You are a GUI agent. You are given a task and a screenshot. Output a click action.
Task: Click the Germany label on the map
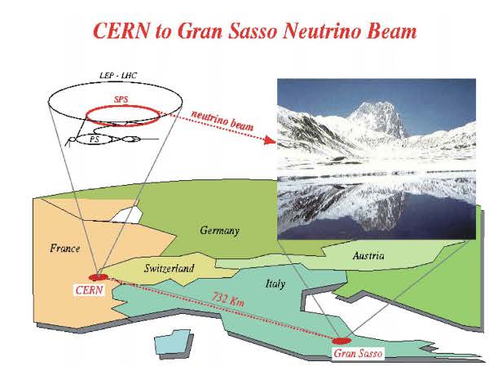pos(219,231)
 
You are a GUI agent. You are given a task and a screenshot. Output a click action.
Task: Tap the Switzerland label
pos(168,267)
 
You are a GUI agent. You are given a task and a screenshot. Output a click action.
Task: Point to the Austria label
pos(368,256)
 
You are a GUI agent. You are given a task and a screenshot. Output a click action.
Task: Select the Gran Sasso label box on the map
pos(356,353)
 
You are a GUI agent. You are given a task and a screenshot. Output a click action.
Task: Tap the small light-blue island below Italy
pos(170,342)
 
